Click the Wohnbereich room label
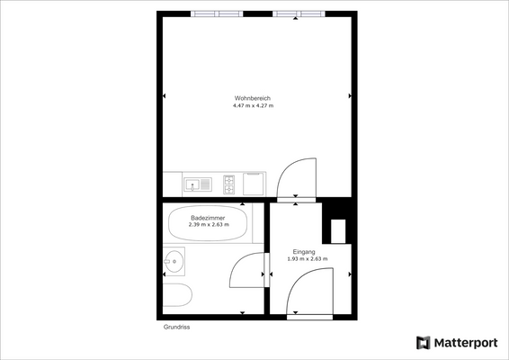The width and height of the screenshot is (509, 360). (253, 98)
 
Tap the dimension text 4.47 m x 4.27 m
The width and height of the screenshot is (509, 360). (253, 106)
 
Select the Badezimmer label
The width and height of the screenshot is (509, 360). (209, 218)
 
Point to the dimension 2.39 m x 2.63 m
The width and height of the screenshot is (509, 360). (209, 225)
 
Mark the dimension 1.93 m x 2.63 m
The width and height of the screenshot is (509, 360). (307, 259)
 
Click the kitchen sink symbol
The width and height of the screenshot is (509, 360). (197, 184)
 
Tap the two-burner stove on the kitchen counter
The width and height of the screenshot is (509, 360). (228, 184)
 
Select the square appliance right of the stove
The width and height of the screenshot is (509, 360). (254, 184)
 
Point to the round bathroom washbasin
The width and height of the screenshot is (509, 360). (174, 262)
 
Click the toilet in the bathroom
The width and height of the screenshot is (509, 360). (178, 298)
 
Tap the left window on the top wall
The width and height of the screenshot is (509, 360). (217, 14)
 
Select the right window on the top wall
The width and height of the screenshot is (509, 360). (300, 14)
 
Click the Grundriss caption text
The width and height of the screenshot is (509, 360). (176, 328)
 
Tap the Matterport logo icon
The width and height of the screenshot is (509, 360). (424, 342)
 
